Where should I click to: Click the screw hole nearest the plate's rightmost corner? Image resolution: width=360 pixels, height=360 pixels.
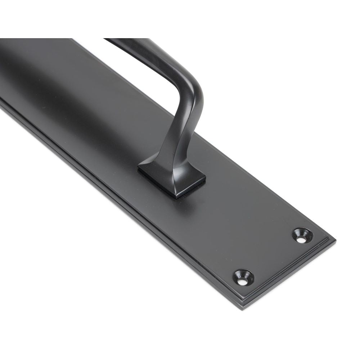(x=302, y=234)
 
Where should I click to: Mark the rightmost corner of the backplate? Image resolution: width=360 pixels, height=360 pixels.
(x=337, y=240)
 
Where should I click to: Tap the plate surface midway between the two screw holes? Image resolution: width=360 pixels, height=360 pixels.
(x=274, y=255)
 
